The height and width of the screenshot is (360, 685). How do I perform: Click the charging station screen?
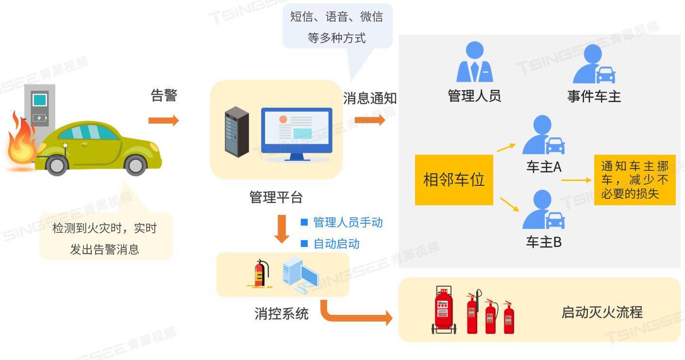(x=40, y=100)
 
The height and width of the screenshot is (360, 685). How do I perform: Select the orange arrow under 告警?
(x=164, y=120)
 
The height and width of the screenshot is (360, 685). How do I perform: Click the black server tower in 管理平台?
(x=236, y=131)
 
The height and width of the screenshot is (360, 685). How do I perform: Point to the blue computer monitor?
(x=297, y=131)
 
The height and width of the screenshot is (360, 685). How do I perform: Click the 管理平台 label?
(x=276, y=197)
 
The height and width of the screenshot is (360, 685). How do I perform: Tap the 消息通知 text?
(x=370, y=98)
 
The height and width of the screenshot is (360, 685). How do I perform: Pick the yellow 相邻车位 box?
(x=454, y=180)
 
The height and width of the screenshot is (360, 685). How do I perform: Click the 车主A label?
(x=544, y=167)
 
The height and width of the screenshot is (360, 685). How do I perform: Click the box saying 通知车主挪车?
(x=635, y=180)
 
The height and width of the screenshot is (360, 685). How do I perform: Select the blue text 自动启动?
(x=336, y=244)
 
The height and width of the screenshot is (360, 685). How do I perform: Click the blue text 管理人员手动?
(x=348, y=222)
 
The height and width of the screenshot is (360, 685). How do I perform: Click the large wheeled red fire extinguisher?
(x=443, y=311)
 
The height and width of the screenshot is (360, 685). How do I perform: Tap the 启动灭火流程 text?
(x=601, y=312)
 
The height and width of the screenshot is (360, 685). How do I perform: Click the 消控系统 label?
(x=281, y=313)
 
